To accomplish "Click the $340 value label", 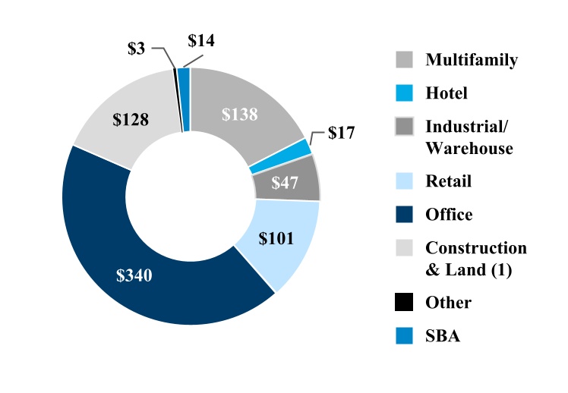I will point(134,275).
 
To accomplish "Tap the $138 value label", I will point(240,115).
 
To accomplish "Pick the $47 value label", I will point(286,182).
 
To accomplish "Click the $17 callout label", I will point(342,134).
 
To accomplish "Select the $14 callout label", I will point(201,41).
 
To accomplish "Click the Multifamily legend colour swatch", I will point(404,60).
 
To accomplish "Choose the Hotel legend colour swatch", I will point(404,93).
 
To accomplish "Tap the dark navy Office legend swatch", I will point(404,215).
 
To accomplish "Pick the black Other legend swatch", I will point(404,303).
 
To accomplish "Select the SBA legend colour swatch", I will point(404,336).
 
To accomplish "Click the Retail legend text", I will point(449,181).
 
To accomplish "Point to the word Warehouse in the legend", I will point(469,148).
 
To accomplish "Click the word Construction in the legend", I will point(476,248).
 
